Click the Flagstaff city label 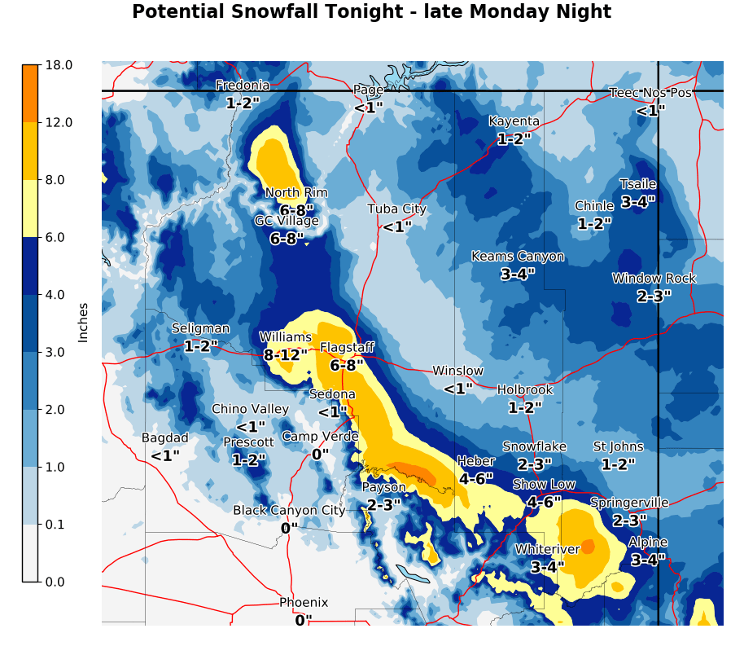click(x=347, y=348)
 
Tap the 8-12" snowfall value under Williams click(x=286, y=355)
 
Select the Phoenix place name click(x=304, y=603)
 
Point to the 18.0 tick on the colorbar click(x=59, y=65)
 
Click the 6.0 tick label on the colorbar click(x=59, y=237)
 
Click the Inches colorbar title click(x=83, y=322)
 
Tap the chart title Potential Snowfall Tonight click(x=371, y=12)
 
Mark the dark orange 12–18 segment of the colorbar click(x=29, y=93)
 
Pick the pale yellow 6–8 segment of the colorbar click(x=29, y=209)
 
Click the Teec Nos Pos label click(x=650, y=93)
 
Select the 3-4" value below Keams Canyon click(x=518, y=275)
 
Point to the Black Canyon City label click(x=289, y=511)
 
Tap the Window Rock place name click(x=654, y=279)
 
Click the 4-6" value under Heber click(x=475, y=479)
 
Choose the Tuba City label click(x=396, y=209)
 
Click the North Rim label click(x=295, y=193)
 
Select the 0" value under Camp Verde click(x=320, y=455)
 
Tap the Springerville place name click(x=629, y=503)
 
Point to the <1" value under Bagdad click(x=165, y=456)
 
